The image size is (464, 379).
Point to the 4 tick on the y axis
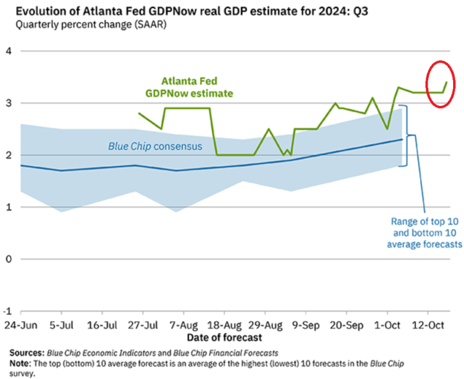8,51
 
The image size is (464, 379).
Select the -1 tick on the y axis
7,311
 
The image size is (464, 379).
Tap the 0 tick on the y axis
8,259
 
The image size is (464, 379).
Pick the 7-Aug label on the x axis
182,324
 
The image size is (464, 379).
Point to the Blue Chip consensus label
155,146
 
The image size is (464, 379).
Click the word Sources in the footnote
27,351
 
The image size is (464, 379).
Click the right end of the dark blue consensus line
402,140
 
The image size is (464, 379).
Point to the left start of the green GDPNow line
139,113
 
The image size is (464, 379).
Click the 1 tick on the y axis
8,207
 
